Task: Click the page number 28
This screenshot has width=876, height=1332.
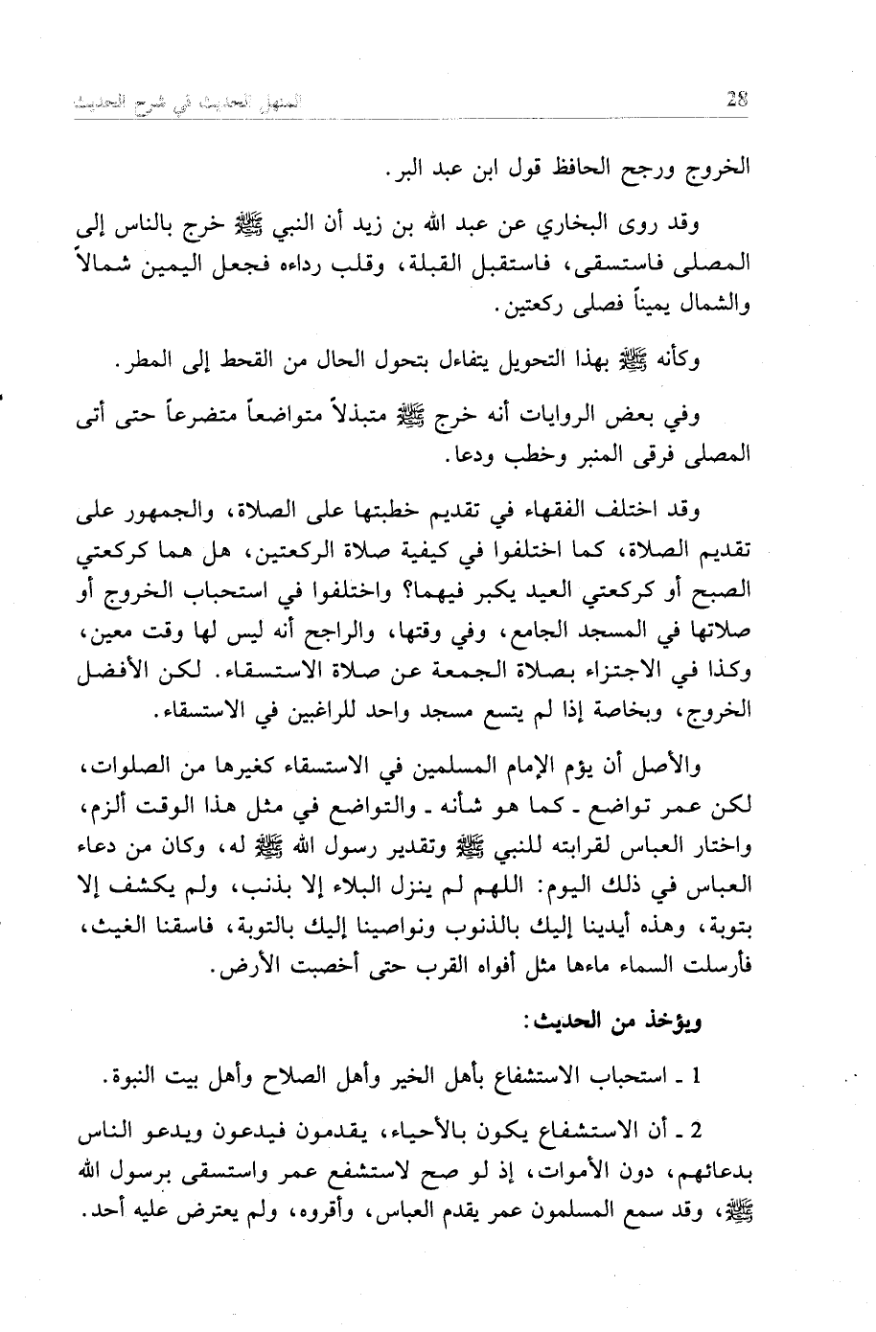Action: (738, 98)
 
